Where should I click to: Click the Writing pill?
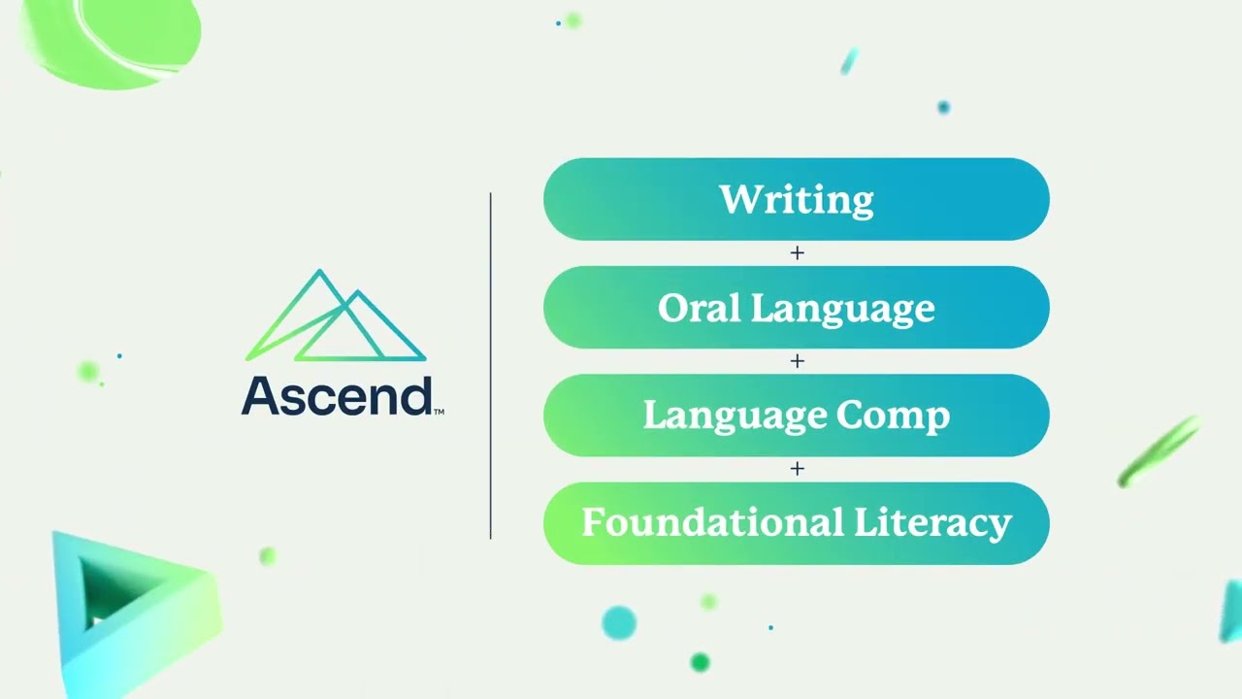[796, 199]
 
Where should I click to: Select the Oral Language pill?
[796, 308]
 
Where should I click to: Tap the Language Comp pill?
[796, 416]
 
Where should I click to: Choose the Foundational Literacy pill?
[796, 523]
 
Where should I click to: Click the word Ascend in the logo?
[336, 396]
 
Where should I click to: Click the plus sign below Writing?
[798, 252]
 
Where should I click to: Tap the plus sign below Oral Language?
[798, 361]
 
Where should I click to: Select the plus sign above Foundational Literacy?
[798, 469]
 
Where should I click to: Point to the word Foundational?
[712, 523]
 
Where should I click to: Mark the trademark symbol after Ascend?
[440, 412]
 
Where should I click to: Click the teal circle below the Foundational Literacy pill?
[618, 622]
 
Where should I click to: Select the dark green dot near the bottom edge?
[700, 662]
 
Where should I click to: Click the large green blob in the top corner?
[112, 39]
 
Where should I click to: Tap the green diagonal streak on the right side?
[1160, 451]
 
